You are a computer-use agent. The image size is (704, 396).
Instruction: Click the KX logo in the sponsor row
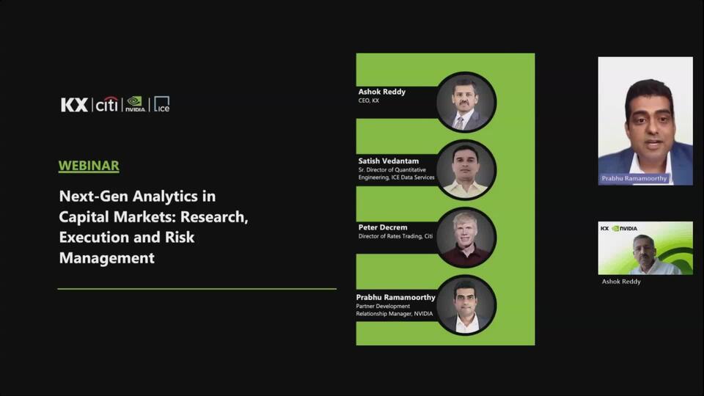click(x=74, y=105)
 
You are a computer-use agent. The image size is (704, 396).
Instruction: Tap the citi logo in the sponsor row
click(x=107, y=104)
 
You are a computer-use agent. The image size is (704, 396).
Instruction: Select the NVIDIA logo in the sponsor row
click(x=135, y=104)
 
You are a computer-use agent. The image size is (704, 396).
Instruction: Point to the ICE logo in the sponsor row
click(x=161, y=104)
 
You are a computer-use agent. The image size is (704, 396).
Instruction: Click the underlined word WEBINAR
click(x=89, y=166)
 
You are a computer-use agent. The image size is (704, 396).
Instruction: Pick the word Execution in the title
click(x=95, y=237)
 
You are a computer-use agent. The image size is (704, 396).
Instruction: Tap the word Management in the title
click(x=107, y=257)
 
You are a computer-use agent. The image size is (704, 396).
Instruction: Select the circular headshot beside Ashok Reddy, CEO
click(x=466, y=102)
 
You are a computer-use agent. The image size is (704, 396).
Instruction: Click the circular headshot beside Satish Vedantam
click(x=466, y=169)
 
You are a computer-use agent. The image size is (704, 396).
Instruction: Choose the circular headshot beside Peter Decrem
click(x=466, y=238)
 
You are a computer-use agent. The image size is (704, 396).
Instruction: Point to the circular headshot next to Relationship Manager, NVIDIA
click(x=466, y=305)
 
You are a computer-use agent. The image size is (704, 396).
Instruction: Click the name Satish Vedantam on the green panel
click(x=389, y=161)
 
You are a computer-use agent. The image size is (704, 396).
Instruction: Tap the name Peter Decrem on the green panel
click(x=383, y=227)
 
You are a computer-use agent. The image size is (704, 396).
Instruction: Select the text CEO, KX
click(x=369, y=100)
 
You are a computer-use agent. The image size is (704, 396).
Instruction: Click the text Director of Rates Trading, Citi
click(x=395, y=236)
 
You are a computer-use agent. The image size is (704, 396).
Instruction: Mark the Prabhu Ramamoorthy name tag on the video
click(x=634, y=178)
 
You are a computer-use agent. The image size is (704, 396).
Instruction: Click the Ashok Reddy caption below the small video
click(x=621, y=282)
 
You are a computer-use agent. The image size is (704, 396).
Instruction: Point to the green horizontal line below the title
click(x=197, y=289)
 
